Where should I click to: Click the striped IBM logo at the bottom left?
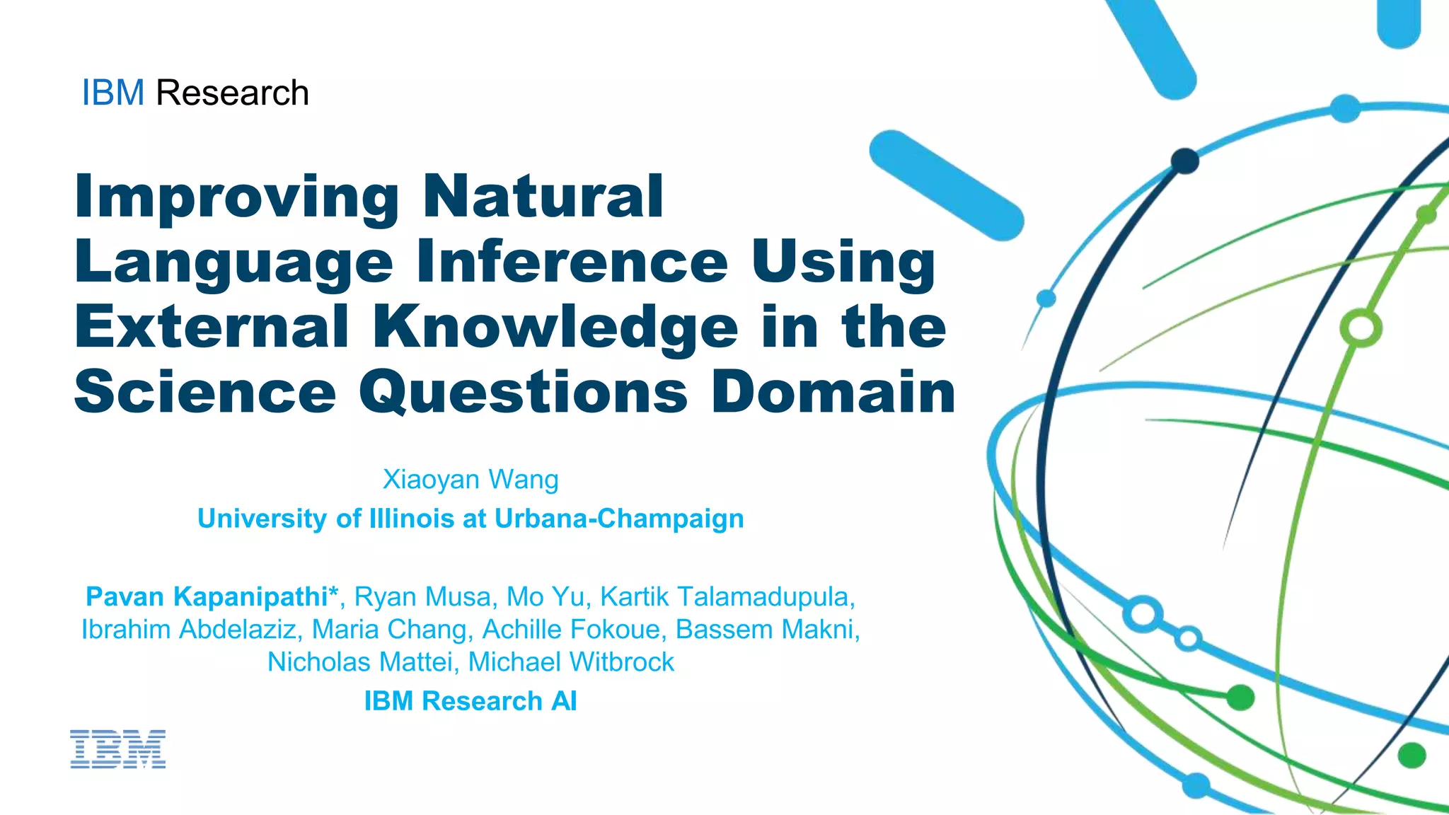(x=117, y=749)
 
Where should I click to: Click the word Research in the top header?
(x=232, y=93)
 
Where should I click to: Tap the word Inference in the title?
(x=572, y=262)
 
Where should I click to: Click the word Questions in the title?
(x=523, y=393)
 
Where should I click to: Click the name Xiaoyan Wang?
(x=471, y=480)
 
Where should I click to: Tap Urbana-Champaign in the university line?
(x=619, y=519)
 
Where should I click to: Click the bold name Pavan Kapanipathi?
(x=207, y=597)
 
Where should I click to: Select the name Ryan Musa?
(x=422, y=597)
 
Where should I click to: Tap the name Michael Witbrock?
(x=570, y=662)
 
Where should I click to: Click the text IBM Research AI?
(x=471, y=701)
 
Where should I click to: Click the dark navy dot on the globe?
(x=1184, y=161)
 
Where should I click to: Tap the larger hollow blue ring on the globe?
(x=1143, y=614)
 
